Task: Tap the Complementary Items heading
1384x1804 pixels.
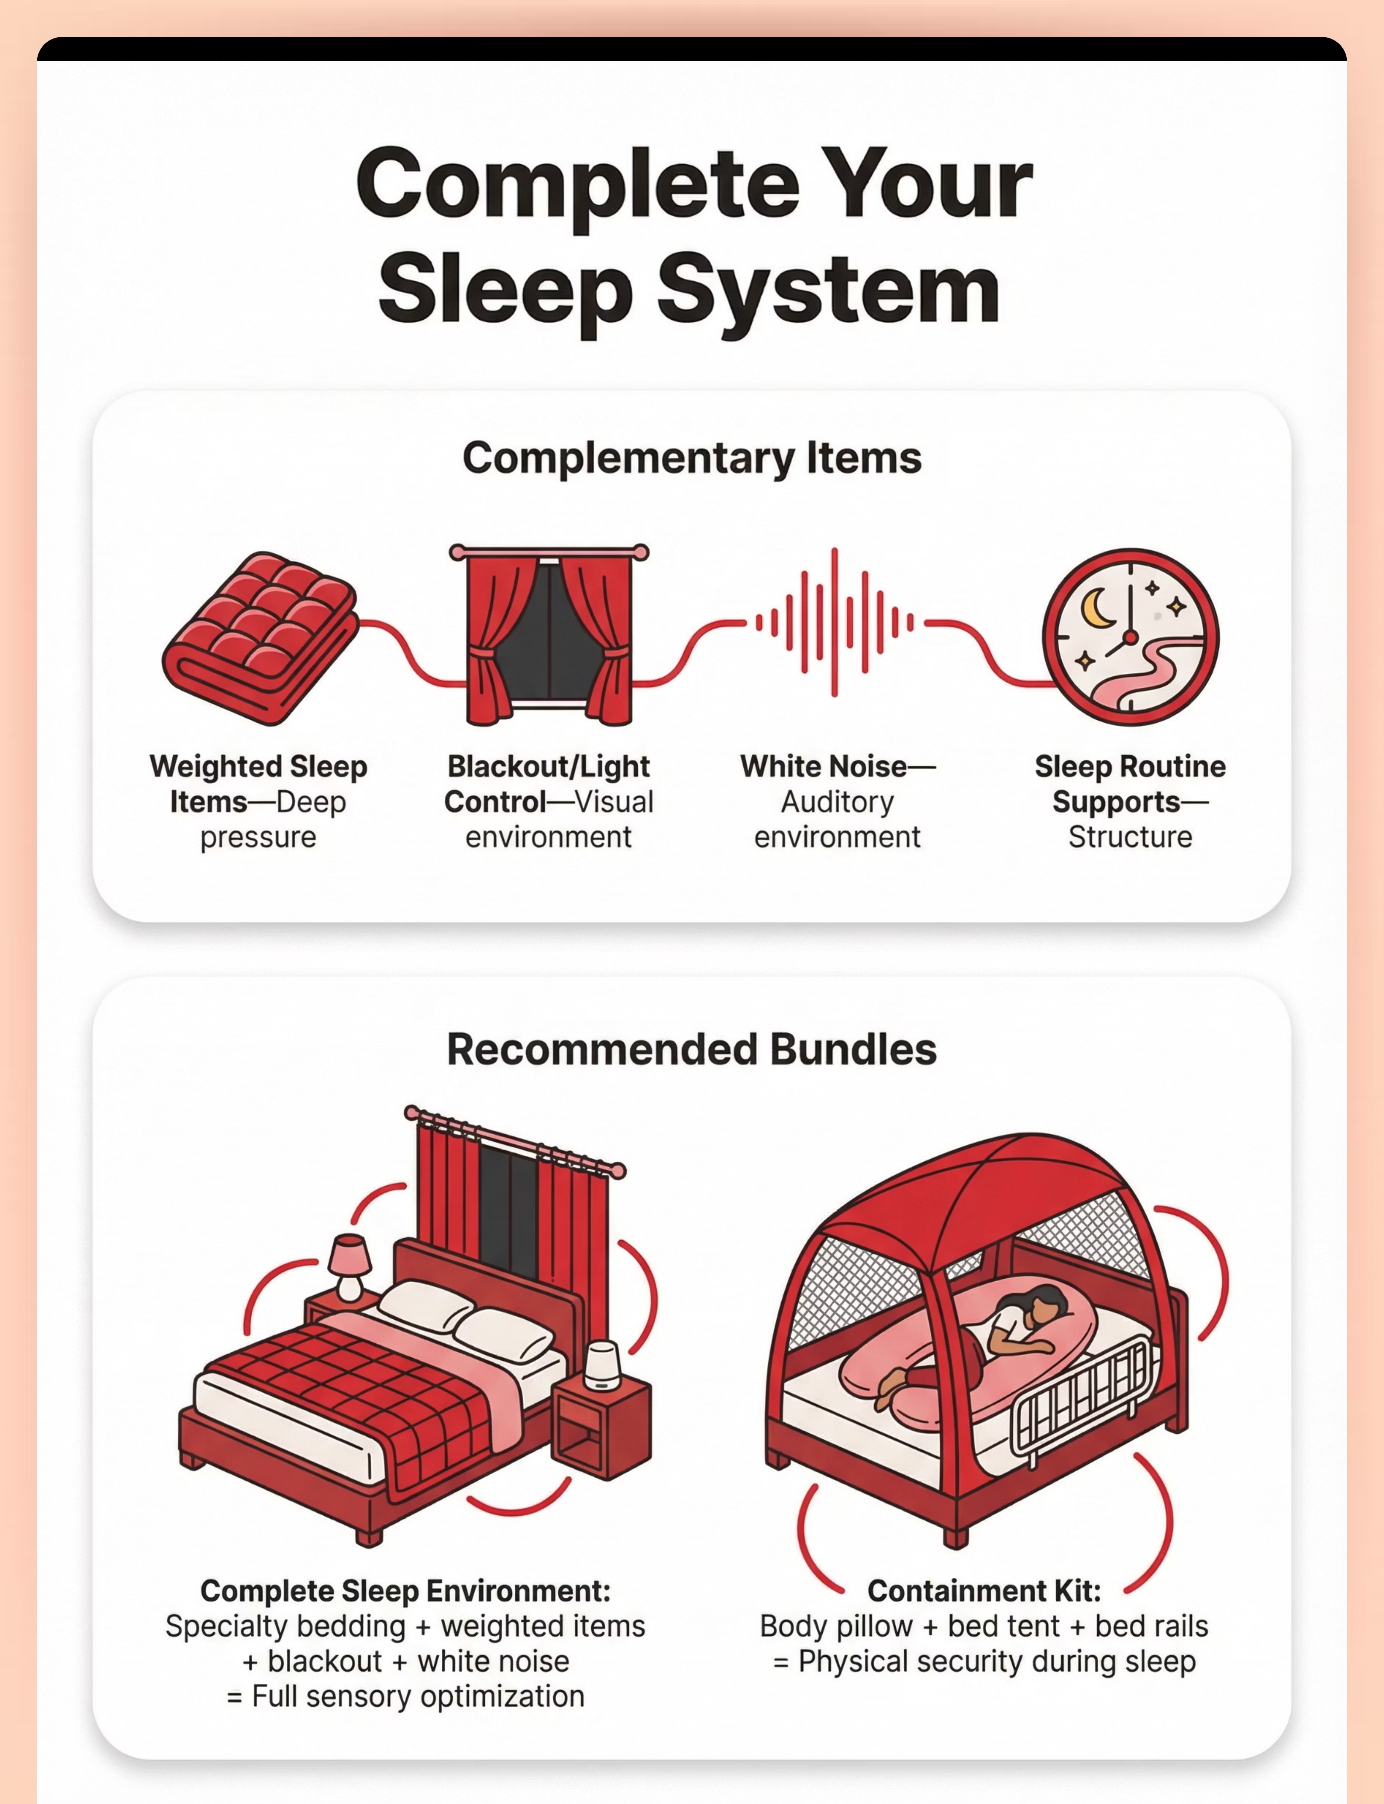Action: (692, 458)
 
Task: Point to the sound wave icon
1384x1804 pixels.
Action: (834, 622)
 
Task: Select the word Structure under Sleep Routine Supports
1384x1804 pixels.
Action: (1130, 837)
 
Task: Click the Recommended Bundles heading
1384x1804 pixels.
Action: (692, 1049)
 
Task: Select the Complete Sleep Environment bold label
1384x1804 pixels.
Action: (405, 1591)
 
